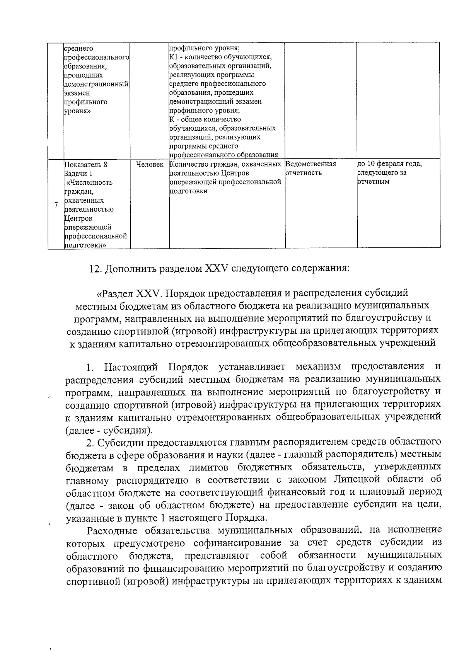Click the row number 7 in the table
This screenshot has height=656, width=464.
(x=56, y=205)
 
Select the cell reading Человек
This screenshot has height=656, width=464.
(x=150, y=165)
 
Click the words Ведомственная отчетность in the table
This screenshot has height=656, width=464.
(x=310, y=168)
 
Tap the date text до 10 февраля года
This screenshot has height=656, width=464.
(x=389, y=164)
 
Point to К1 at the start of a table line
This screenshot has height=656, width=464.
(x=173, y=58)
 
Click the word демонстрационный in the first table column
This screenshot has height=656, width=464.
(x=96, y=84)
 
